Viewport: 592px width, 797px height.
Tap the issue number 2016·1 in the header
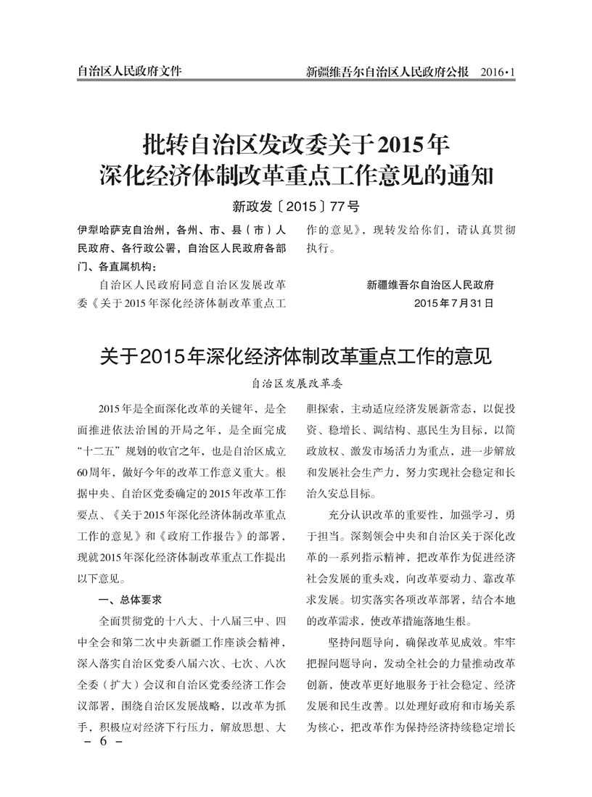click(x=496, y=72)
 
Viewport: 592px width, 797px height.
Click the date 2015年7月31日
click(x=453, y=302)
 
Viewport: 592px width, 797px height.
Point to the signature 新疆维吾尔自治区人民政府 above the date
click(x=430, y=284)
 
